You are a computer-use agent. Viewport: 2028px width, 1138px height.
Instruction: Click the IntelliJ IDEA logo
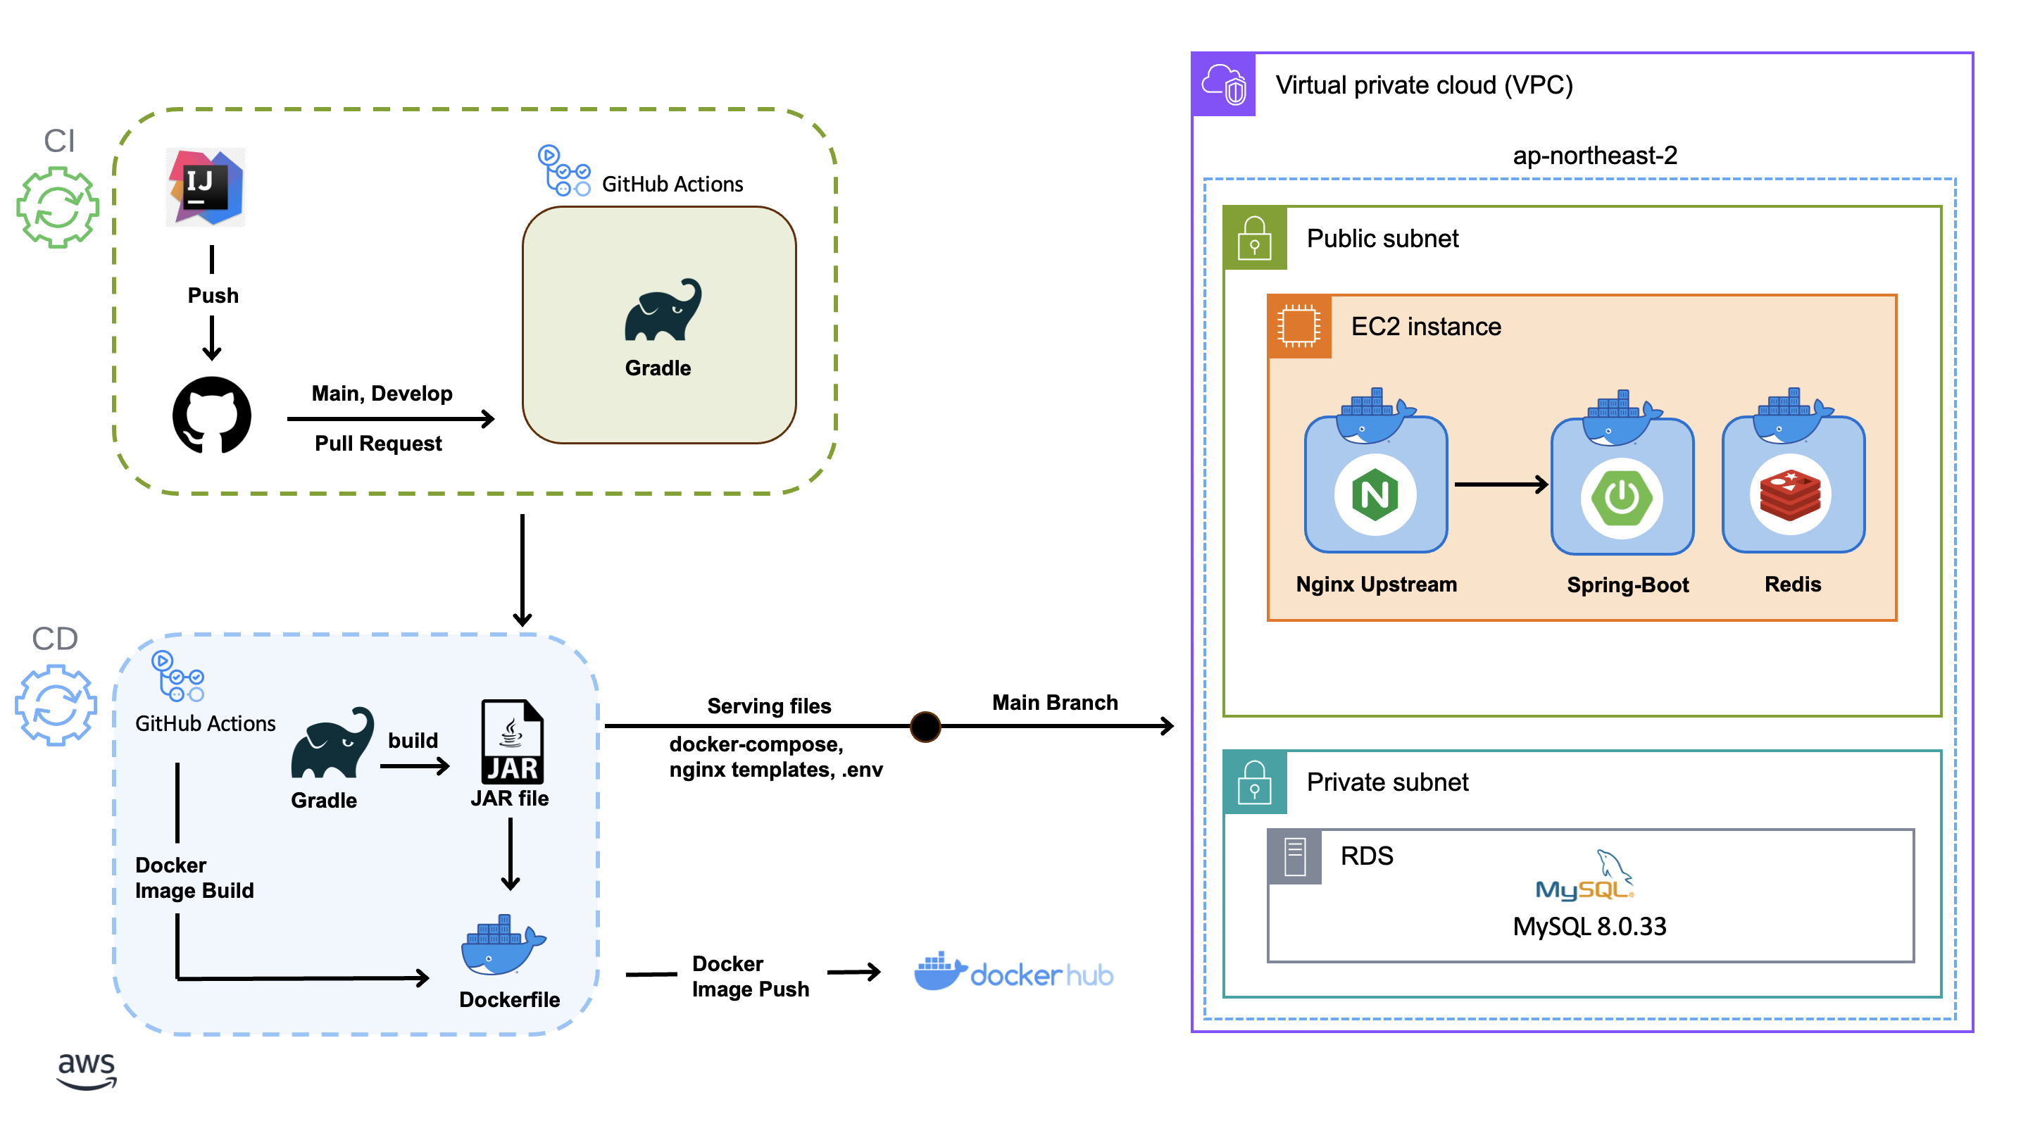tap(206, 187)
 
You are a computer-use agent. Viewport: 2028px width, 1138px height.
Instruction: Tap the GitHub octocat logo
tap(212, 415)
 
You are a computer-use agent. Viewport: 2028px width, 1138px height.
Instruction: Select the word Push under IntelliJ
tap(213, 295)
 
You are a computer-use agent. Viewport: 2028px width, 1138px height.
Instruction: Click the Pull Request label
tap(378, 444)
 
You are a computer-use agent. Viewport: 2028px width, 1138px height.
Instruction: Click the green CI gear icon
tap(58, 207)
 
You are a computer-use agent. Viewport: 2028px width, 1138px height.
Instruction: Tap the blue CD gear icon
tap(56, 705)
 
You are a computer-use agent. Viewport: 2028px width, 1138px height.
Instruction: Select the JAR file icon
tap(512, 742)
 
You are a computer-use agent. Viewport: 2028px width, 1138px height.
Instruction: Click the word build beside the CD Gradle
tap(413, 740)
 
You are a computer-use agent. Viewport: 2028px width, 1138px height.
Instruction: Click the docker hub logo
tap(1013, 973)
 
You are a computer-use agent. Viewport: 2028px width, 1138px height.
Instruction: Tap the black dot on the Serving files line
tap(925, 726)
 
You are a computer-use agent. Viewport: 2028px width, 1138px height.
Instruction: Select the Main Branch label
tap(1054, 703)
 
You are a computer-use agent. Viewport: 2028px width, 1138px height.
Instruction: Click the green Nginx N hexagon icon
tap(1375, 494)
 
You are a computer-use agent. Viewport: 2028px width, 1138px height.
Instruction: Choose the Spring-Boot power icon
tap(1622, 498)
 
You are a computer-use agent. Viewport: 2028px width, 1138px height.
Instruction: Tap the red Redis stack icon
tap(1790, 495)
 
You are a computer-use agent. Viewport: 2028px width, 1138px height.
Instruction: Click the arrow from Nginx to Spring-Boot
tap(1500, 484)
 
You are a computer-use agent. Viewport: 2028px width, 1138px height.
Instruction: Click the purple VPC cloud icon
tap(1225, 85)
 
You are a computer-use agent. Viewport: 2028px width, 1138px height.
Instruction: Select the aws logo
tap(87, 1070)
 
